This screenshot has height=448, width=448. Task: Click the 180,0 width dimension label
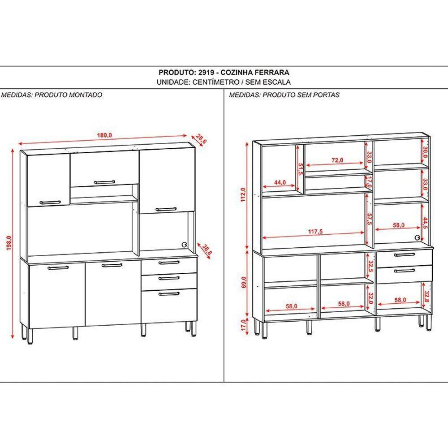(x=104, y=135)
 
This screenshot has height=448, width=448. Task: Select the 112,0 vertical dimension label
(x=243, y=195)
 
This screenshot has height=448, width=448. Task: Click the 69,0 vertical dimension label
(x=243, y=284)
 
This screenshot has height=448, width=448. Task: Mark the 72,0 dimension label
(x=337, y=159)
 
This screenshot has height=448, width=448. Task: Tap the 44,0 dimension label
(x=280, y=182)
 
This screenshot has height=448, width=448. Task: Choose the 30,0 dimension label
(x=426, y=153)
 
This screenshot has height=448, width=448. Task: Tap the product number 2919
(x=202, y=72)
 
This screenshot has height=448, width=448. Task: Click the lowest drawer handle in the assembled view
(x=169, y=294)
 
